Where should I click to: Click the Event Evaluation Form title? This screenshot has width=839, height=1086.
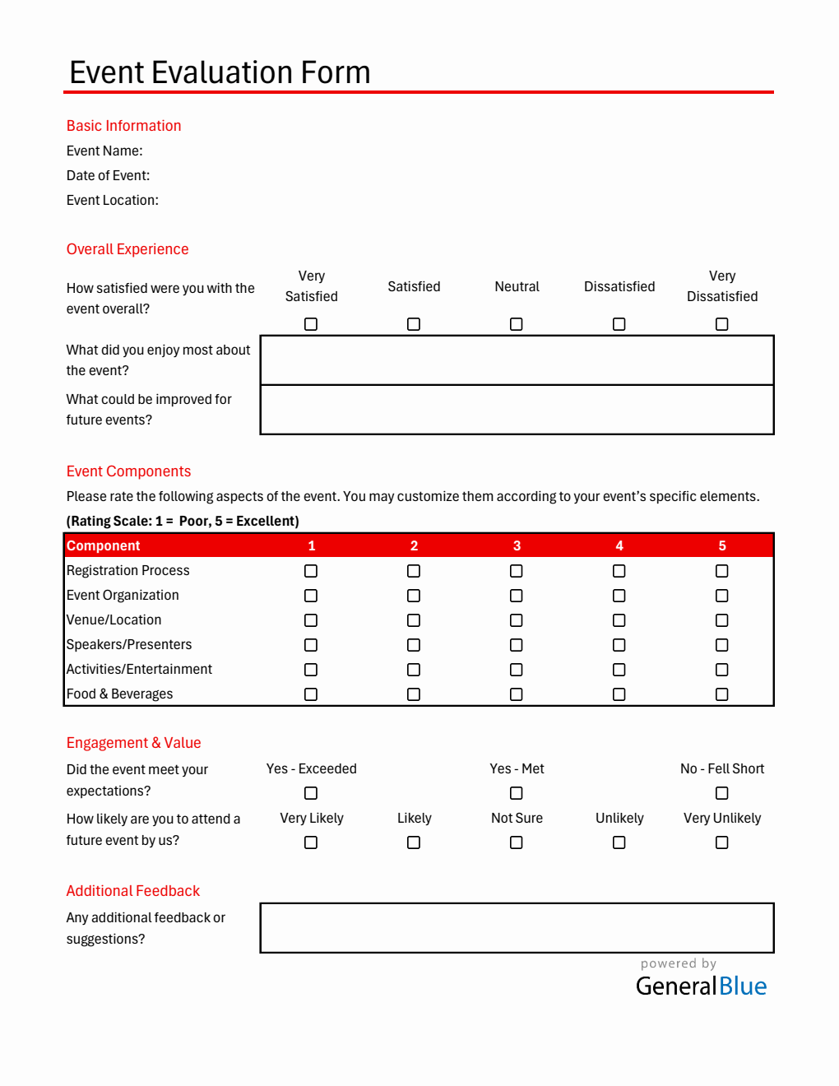pos(220,72)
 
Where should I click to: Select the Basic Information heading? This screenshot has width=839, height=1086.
pos(123,126)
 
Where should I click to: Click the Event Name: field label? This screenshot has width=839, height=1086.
pos(104,151)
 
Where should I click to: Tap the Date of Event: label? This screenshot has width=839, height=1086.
pos(108,175)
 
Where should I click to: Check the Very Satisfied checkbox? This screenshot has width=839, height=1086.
pos(311,324)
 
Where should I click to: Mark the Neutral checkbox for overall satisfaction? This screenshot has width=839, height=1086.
pos(517,324)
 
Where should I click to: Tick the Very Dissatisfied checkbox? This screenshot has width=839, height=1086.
pos(722,324)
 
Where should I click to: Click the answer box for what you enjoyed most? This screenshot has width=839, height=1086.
pos(517,360)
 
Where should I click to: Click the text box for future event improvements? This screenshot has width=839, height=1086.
pos(517,410)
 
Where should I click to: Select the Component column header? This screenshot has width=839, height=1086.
pos(104,545)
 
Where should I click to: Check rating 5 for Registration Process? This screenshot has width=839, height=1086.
pos(722,571)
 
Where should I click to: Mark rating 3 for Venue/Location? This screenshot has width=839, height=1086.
pos(517,620)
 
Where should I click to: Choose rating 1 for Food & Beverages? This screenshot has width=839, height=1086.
pos(311,694)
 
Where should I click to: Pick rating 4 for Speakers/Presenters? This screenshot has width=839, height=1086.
pos(619,645)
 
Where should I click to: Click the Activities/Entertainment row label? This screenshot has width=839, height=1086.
pos(139,670)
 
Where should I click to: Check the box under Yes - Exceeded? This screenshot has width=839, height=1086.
pos(311,793)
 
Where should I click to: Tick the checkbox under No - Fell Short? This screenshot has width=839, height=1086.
pos(722,793)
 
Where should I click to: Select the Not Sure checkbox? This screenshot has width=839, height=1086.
pos(517,842)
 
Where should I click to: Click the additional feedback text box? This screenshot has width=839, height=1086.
pos(517,928)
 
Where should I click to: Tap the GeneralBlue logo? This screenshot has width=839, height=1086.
pos(701,986)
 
